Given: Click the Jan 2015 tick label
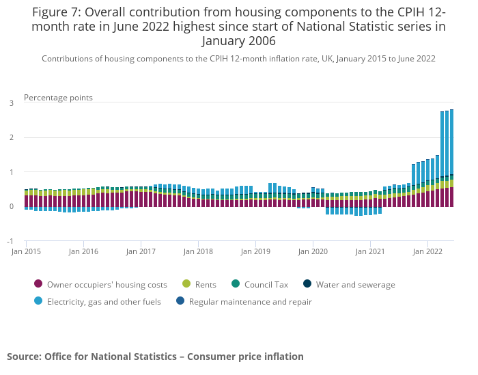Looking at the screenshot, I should (x=26, y=251).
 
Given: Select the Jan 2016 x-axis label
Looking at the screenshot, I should (x=83, y=251).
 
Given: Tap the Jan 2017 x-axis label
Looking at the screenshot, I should (x=141, y=251).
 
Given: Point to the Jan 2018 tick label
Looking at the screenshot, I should (x=198, y=251).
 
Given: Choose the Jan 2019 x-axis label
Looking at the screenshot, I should (x=255, y=251).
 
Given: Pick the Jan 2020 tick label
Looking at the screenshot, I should (x=313, y=251).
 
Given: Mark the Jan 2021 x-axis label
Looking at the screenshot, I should (x=370, y=251).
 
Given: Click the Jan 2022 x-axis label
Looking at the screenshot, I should (x=427, y=251).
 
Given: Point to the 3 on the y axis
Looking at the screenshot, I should (x=11, y=103).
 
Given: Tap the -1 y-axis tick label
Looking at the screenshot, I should (x=10, y=241).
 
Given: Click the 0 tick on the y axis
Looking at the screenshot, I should (x=11, y=207).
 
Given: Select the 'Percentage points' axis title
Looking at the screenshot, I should (x=58, y=98).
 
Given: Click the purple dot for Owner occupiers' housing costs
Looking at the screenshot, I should (x=38, y=284).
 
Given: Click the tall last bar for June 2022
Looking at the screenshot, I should (x=451, y=157).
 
